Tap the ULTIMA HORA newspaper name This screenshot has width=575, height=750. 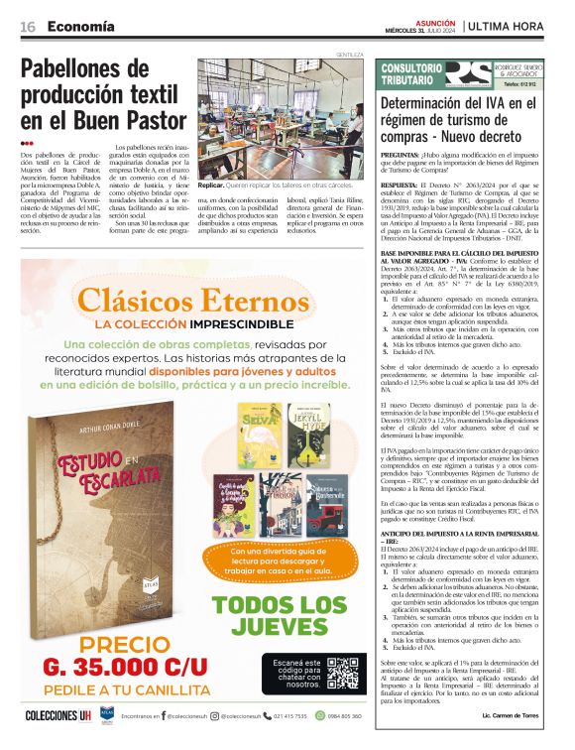click(x=515, y=26)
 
